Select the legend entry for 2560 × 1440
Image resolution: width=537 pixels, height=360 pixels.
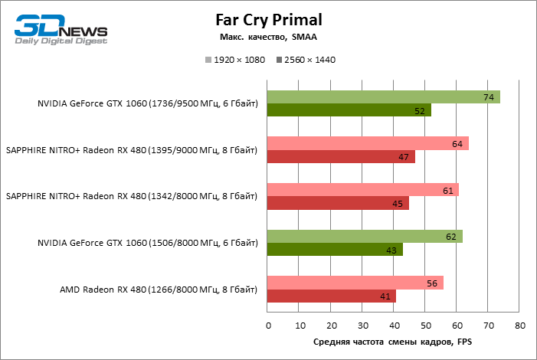[x=306, y=60]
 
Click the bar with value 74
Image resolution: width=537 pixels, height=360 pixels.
[x=383, y=97]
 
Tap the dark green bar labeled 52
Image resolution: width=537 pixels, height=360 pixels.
[x=349, y=110]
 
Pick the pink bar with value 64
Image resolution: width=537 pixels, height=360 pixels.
[x=368, y=143]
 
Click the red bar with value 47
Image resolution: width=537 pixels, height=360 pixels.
[x=341, y=157]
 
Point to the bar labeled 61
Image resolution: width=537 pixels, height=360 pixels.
[x=362, y=190]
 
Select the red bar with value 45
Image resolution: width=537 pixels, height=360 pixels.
[x=338, y=204]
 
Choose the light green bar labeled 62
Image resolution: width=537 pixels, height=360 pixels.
[x=365, y=237]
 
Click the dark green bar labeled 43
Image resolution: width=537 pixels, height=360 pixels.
[x=335, y=250]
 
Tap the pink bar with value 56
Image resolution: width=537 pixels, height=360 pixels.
[x=355, y=283]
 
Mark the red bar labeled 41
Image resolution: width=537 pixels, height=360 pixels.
[x=332, y=296]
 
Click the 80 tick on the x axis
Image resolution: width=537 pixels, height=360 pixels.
[x=520, y=326]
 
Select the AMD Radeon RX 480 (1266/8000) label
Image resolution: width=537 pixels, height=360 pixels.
[x=159, y=290]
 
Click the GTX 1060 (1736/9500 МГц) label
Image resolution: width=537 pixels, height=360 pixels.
[x=148, y=103]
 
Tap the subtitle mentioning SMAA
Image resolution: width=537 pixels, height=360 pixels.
[x=268, y=37]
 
